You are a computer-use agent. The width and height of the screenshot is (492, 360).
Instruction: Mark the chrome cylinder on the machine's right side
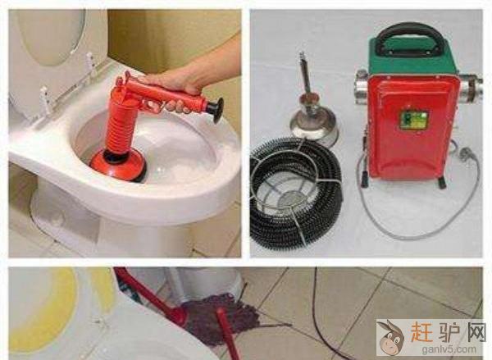tap(471, 88)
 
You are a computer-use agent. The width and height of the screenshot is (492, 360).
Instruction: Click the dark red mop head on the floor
tap(220, 317)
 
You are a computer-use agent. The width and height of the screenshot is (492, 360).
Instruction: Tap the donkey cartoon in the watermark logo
tap(390, 336)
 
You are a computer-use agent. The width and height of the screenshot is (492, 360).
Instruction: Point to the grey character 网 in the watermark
tap(475, 331)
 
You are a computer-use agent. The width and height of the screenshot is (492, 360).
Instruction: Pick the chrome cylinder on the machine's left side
tap(362, 87)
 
